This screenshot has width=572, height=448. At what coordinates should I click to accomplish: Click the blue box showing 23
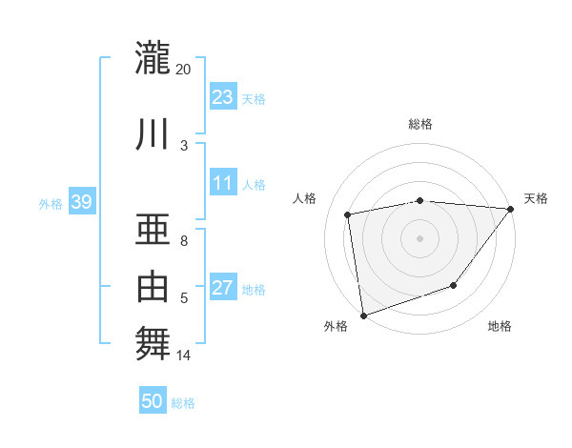(223, 96)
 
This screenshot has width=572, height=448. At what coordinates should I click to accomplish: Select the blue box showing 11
(223, 183)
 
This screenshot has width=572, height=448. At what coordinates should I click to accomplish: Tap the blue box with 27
(223, 288)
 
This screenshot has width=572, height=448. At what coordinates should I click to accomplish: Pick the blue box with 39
(81, 202)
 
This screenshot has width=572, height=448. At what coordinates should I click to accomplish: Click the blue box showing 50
(153, 401)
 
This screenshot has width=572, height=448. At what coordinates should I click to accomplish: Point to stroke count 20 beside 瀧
(183, 70)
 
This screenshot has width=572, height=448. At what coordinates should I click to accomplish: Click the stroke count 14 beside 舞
(183, 356)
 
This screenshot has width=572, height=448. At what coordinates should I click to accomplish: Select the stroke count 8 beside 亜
(184, 241)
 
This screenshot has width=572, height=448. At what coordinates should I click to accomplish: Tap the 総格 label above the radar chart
(420, 124)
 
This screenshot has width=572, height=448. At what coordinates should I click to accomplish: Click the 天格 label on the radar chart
(536, 198)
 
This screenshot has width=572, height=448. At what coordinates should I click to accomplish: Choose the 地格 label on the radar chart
(500, 327)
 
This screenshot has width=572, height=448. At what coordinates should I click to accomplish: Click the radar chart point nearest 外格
(363, 315)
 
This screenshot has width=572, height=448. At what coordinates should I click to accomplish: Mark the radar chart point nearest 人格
(349, 214)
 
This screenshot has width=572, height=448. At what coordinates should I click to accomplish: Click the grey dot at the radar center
(419, 237)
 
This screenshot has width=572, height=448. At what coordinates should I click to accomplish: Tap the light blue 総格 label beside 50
(183, 403)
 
